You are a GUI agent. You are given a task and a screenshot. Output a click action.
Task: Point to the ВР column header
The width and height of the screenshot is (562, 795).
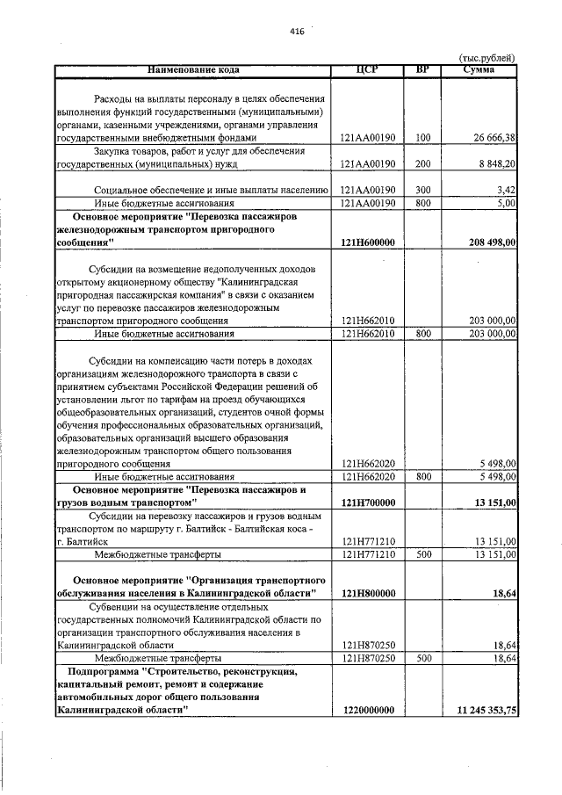click(422, 69)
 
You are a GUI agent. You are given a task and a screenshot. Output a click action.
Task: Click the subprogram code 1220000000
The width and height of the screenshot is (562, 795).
click(367, 710)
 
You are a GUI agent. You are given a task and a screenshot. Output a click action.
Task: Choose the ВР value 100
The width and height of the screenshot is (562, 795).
click(422, 138)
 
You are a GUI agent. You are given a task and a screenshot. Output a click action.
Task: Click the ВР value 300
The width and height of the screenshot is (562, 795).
click(422, 189)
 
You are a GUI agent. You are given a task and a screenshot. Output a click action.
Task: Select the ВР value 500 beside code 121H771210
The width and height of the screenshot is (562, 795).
click(422, 554)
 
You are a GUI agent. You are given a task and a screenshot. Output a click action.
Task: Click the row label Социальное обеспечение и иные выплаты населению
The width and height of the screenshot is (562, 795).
click(211, 189)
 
